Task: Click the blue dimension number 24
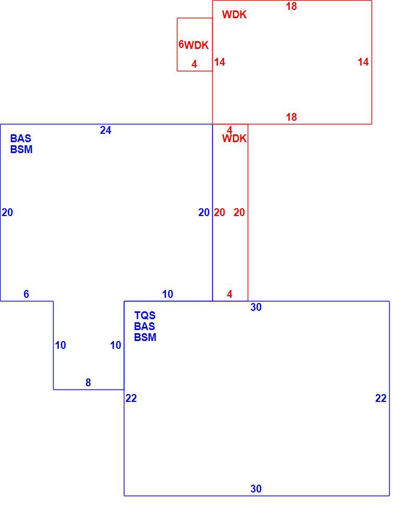[106, 130]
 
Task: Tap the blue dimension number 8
[88, 383]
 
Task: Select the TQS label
[145, 315]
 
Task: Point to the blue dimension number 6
[26, 294]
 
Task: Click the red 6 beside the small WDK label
[181, 44]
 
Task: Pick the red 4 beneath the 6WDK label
[194, 64]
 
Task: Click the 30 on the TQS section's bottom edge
[256, 489]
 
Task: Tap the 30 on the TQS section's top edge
[256, 307]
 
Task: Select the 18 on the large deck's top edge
[291, 6]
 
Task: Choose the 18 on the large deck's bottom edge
[291, 117]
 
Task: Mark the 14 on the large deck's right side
[363, 62]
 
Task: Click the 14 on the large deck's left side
[220, 62]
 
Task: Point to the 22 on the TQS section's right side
[381, 398]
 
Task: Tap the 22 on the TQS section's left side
[131, 398]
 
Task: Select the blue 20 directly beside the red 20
[204, 212]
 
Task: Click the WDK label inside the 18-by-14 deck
[234, 15]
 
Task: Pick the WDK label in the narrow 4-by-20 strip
[234, 138]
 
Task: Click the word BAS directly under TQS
[145, 326]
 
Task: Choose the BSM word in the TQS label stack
[145, 337]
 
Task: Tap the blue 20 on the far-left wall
[7, 212]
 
